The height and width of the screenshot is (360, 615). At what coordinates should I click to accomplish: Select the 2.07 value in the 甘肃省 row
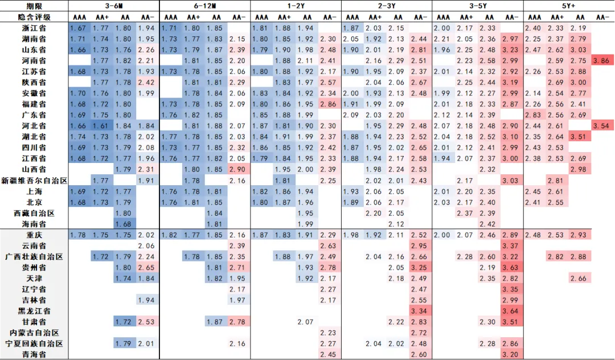(x=306, y=322)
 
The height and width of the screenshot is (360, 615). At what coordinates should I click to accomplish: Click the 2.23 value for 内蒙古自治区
(x=329, y=333)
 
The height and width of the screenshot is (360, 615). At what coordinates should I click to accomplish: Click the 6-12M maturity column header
(x=204, y=5)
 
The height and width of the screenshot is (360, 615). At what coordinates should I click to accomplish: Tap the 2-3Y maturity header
(x=387, y=5)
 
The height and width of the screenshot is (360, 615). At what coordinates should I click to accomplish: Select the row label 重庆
(x=34, y=235)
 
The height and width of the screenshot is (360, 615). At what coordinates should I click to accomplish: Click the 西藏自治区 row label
(x=34, y=213)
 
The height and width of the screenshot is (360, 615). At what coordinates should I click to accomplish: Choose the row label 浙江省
(x=34, y=28)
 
